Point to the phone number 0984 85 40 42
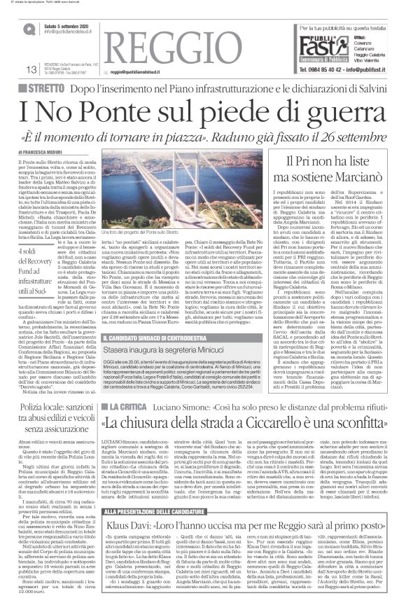(x=316, y=69)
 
